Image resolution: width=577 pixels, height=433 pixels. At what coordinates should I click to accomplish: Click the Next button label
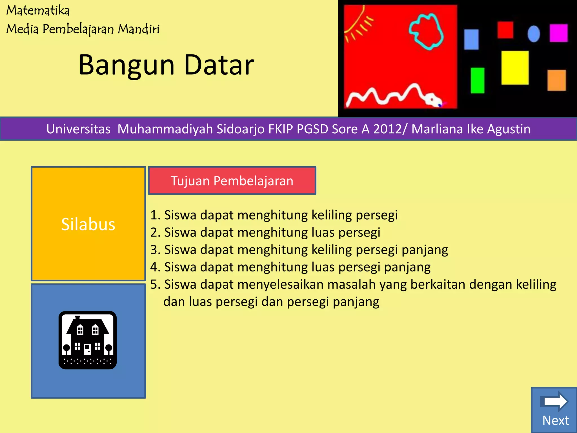555,420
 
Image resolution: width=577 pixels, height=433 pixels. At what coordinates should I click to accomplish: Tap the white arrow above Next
554,401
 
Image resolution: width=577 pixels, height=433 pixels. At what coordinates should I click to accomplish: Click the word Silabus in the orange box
88,224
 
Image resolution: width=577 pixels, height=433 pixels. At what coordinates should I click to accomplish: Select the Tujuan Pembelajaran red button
232,181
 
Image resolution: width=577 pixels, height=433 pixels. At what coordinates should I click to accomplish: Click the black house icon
88,340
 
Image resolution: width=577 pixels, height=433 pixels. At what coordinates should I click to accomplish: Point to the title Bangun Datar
166,65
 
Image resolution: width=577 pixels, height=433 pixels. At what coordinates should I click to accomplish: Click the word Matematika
38,11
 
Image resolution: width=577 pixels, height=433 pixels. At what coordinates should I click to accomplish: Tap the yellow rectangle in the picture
515,68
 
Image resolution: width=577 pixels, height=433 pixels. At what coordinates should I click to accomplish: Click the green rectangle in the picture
478,80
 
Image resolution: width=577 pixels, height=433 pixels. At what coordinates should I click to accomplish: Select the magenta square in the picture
558,33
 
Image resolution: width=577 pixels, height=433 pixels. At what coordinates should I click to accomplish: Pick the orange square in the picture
556,80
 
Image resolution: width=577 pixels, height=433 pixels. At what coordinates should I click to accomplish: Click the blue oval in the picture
534,34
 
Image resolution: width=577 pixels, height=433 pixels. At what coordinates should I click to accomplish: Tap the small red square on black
505,30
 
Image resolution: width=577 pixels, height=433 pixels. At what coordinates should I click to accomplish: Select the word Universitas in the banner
78,129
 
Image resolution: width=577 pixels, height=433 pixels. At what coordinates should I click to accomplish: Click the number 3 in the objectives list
154,250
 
